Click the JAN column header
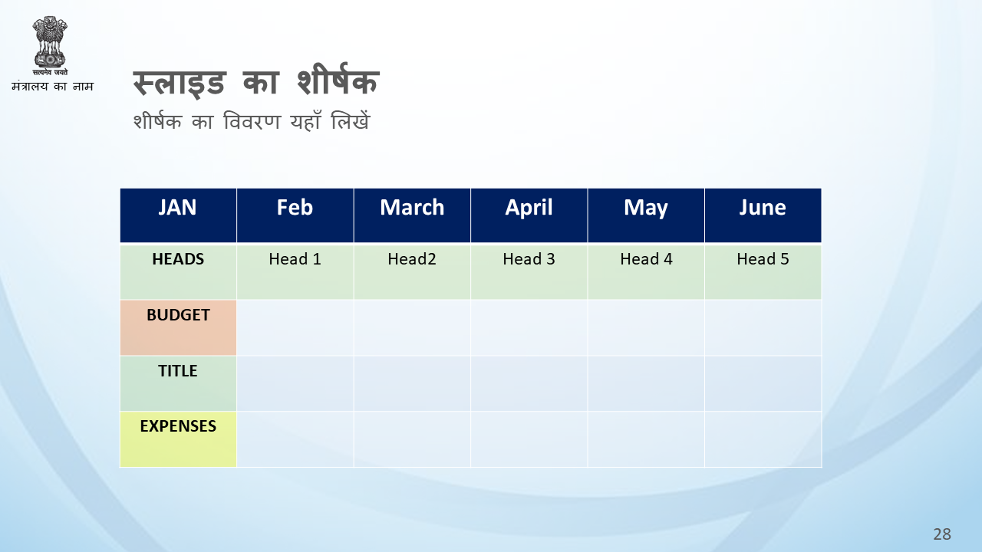[178, 215]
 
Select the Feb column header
[295, 215]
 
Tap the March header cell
[412, 215]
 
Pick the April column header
[529, 215]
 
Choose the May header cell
[646, 215]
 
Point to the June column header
[763, 215]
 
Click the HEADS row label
[178, 271]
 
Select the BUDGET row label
[178, 327]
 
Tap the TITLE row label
[178, 383]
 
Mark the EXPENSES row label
[178, 439]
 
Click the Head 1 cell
[295, 271]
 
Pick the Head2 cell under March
[412, 271]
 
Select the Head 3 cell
[529, 271]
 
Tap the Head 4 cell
[646, 271]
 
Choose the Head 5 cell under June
[763, 271]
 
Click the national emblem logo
[50, 45]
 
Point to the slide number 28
[942, 534]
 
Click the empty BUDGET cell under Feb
[295, 327]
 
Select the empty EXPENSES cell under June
[763, 439]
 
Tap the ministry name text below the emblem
[53, 86]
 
